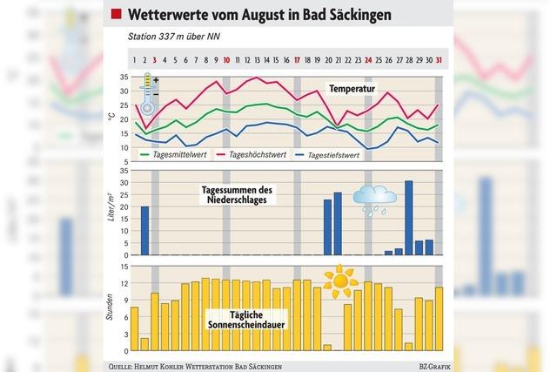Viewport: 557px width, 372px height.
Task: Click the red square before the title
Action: pyautogui.click(x=115, y=15)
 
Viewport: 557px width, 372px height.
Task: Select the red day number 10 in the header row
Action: pyautogui.click(x=227, y=60)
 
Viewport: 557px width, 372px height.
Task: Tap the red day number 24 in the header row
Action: pyautogui.click(x=368, y=60)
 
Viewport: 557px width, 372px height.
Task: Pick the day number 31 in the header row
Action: pyautogui.click(x=439, y=60)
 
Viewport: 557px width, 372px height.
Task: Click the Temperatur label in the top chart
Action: pyautogui.click(x=358, y=89)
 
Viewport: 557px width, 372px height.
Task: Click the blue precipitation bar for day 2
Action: pyautogui.click(x=145, y=231)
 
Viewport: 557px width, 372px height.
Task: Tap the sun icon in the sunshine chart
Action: pyautogui.click(x=340, y=281)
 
